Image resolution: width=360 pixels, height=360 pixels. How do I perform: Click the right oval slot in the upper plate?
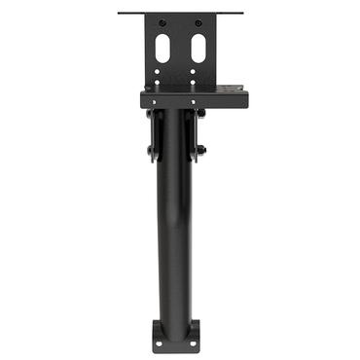(198, 45)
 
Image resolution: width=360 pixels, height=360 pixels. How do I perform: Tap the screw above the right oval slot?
(198, 22)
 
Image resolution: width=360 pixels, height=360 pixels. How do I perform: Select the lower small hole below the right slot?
(198, 82)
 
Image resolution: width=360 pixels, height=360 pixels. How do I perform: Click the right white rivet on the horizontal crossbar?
(193, 99)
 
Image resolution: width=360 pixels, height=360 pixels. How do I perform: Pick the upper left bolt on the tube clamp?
(151, 114)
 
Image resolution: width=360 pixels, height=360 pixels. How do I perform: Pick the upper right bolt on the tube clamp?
(200, 114)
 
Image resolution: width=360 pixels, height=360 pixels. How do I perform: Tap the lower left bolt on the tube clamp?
(151, 151)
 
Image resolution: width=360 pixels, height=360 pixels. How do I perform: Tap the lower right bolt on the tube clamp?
(200, 151)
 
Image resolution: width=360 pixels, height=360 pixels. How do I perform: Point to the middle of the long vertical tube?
(176, 224)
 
